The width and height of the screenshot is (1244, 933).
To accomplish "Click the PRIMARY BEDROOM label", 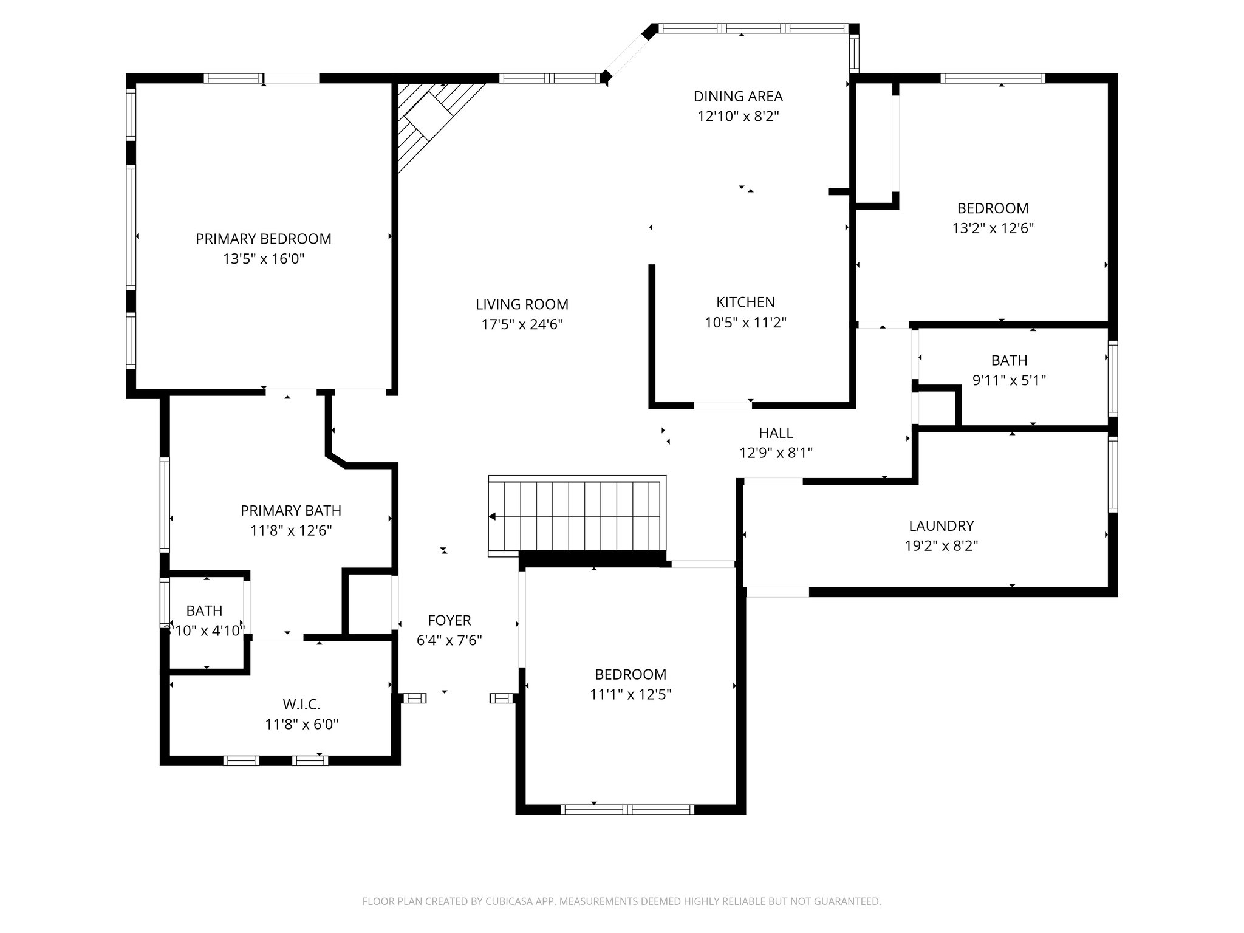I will click(263, 239).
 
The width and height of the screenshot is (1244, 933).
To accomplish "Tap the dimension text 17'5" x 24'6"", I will click(522, 324).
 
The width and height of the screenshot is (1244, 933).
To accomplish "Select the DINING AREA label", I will click(738, 96).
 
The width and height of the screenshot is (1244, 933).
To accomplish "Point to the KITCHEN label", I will click(745, 302).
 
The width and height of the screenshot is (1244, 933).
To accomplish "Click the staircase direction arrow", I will click(493, 516).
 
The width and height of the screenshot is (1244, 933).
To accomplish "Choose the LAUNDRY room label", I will click(941, 525).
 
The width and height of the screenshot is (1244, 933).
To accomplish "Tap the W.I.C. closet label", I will click(301, 704).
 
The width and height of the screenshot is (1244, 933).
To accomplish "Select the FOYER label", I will click(449, 620).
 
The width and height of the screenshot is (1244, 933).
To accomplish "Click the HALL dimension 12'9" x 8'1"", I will click(776, 453).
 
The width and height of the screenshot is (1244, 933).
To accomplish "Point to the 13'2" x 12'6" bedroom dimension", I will click(993, 228).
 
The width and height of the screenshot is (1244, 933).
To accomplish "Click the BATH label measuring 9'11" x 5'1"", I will click(1009, 360).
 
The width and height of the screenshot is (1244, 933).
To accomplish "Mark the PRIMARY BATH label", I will click(290, 510).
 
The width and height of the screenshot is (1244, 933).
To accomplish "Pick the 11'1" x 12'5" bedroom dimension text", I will click(630, 694).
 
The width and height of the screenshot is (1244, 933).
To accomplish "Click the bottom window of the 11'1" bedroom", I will click(627, 809).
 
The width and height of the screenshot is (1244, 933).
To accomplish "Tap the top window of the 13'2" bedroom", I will click(993, 78).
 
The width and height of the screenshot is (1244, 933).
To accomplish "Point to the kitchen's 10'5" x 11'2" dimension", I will click(745, 323).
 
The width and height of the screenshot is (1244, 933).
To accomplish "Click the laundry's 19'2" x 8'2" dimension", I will click(941, 545).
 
